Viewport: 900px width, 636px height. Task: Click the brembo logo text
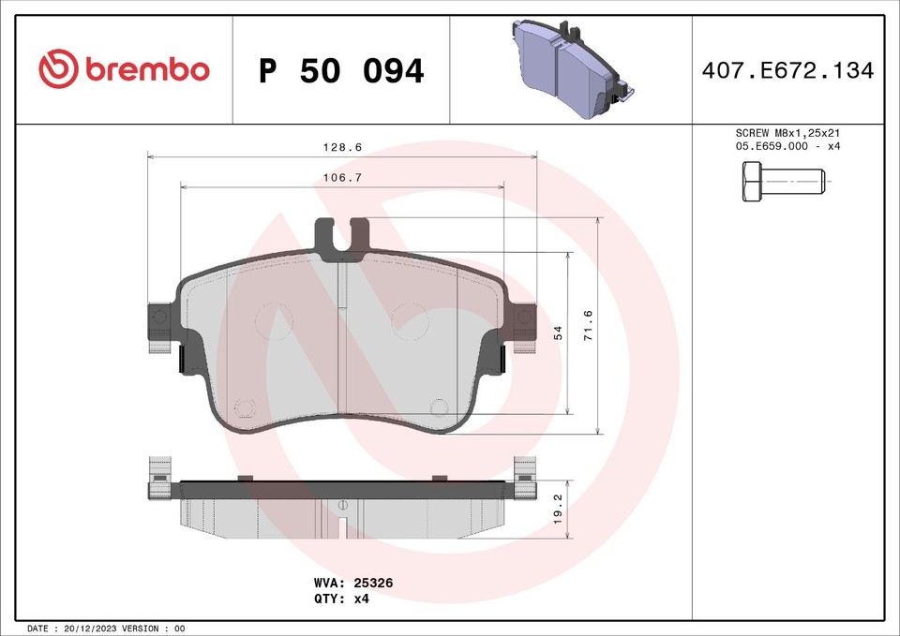pyautogui.click(x=147, y=69)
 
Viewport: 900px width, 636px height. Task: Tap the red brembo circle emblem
pyautogui.click(x=58, y=69)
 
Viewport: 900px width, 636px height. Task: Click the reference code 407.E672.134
pyautogui.click(x=787, y=70)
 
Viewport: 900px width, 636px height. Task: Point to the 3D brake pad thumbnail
pyautogui.click(x=570, y=69)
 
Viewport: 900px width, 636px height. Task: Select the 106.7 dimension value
pyautogui.click(x=342, y=177)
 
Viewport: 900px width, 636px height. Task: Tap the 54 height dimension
pyautogui.click(x=559, y=333)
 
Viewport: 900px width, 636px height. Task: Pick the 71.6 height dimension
pyautogui.click(x=589, y=325)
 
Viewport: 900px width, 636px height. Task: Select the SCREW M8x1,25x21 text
pyautogui.click(x=787, y=134)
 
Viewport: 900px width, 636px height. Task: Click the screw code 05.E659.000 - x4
pyautogui.click(x=787, y=147)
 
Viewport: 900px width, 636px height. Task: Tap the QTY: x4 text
pyautogui.click(x=342, y=598)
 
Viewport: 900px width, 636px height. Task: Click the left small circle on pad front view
pyautogui.click(x=244, y=407)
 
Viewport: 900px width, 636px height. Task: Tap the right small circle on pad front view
pyautogui.click(x=439, y=407)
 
